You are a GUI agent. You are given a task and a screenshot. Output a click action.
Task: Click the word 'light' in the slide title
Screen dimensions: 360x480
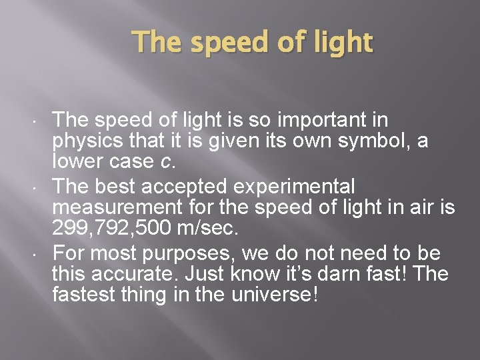coord(344,43)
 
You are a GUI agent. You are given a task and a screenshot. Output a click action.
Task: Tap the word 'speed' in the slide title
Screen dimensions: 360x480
coord(224,43)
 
